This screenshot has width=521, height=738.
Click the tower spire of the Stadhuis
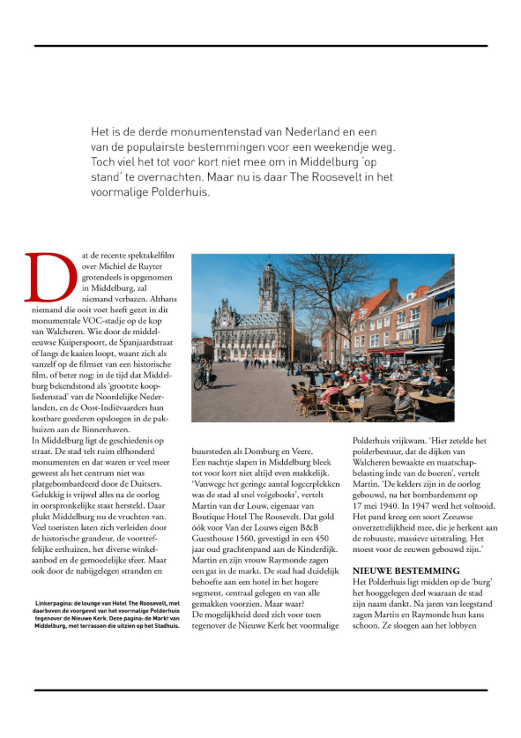pos(268,270)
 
